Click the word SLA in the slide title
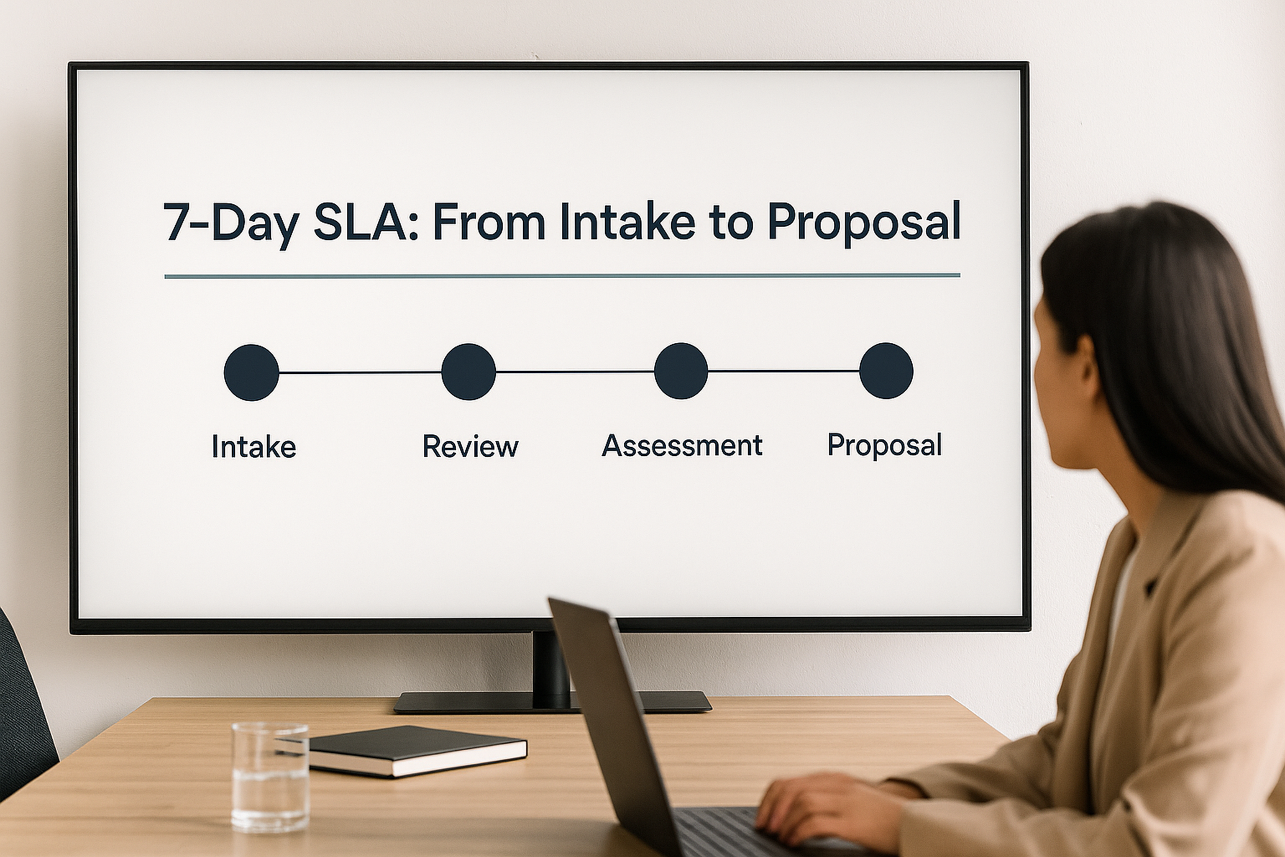tap(361, 223)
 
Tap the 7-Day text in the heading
tap(232, 223)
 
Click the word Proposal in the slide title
tap(864, 223)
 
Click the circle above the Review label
tap(468, 372)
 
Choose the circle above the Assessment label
tap(681, 371)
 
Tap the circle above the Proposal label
tap(886, 371)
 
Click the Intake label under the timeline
tap(254, 446)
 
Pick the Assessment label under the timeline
tap(682, 445)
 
